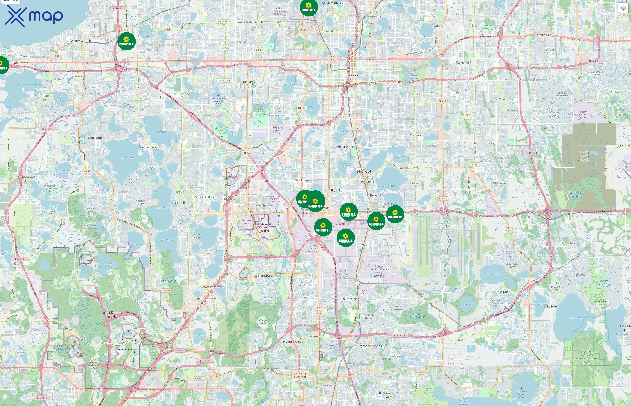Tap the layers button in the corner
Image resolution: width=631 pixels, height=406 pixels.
623,8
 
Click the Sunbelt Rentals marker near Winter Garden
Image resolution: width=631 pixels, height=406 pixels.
126,42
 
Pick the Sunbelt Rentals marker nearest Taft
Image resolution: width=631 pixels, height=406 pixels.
345,238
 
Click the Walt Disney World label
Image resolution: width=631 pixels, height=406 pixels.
112,314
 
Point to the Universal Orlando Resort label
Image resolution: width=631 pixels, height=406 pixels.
265,228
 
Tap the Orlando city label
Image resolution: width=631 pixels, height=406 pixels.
352,76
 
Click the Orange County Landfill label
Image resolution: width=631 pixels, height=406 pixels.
584,156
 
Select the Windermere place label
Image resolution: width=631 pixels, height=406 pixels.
148,147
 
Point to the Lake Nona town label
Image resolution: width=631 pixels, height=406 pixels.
503,292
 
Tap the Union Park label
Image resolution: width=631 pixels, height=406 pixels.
545,35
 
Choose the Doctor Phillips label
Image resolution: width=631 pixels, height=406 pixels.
204,197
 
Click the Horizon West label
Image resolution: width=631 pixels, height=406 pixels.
27,177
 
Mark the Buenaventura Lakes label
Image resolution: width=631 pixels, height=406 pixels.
389,395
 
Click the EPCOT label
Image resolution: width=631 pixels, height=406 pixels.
129,331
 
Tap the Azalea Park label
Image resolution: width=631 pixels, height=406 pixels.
464,62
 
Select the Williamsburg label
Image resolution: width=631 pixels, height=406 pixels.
263,275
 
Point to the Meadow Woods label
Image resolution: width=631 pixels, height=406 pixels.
370,346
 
